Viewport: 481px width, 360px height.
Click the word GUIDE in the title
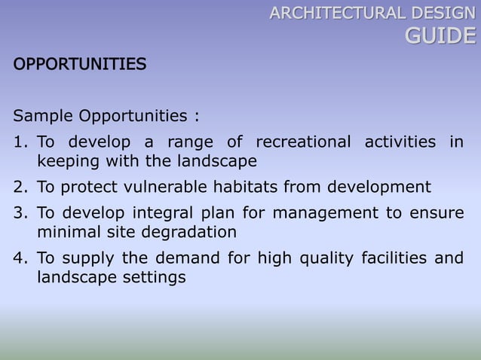coord(441,35)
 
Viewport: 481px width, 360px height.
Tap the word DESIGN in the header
coord(439,12)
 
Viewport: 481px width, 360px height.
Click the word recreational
coord(303,142)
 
